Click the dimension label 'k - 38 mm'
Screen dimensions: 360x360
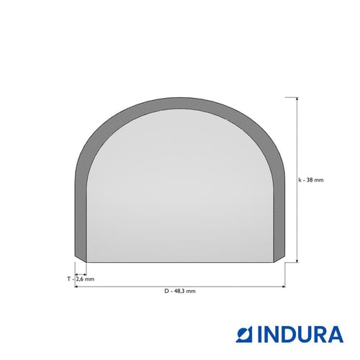coord(311,180)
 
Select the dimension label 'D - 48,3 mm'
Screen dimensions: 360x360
coord(180,291)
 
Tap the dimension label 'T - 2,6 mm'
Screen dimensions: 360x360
coord(81,279)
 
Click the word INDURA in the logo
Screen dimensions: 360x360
coord(300,334)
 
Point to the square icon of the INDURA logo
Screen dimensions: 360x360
coord(245,334)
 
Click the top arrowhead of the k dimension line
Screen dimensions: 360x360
coord(297,99)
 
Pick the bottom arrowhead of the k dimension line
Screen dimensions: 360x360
coord(297,261)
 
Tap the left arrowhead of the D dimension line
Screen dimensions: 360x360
coord(76,287)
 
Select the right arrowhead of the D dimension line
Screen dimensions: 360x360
coord(284,287)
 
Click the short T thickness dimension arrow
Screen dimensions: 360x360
coord(81,274)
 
